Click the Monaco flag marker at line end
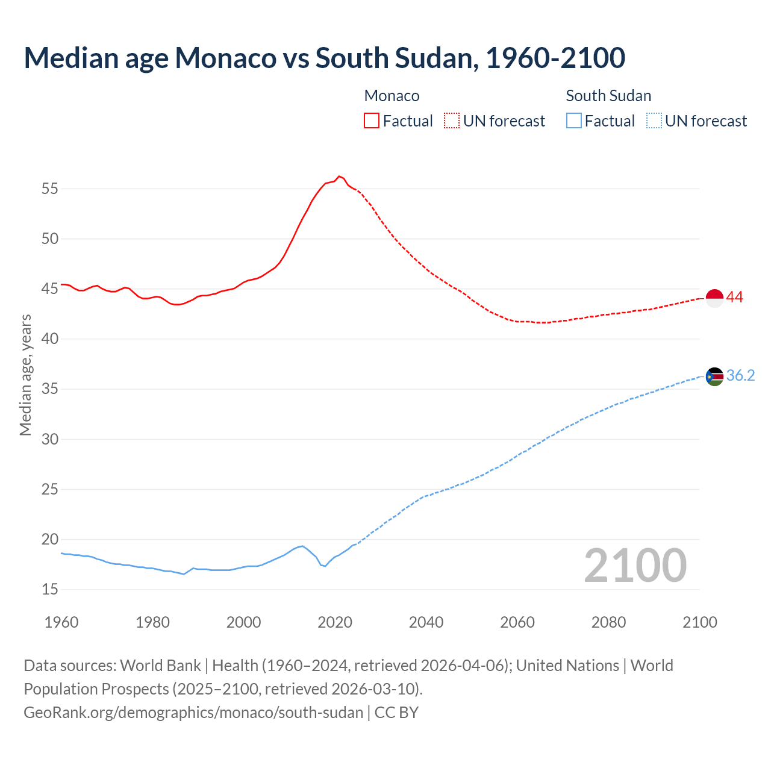714,298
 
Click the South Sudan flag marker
714,376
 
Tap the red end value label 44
734,297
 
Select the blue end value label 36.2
740,376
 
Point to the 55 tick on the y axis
50,189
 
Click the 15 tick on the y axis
50,589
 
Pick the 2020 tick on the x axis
335,622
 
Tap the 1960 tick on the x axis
61,622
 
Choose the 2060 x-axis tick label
517,622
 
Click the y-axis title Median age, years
25,375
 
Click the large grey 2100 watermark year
635,565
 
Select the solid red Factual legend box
372,120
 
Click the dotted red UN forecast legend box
452,120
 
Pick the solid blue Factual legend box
574,120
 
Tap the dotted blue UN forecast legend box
654,120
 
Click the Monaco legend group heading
392,96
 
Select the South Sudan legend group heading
608,96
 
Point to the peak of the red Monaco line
339,176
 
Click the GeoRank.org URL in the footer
193,713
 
